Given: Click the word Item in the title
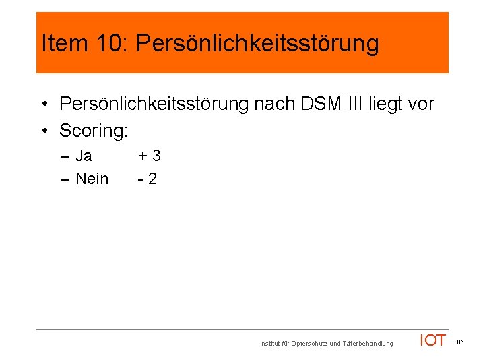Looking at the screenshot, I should click(x=63, y=44).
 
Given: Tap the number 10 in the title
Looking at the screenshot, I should click(x=108, y=44).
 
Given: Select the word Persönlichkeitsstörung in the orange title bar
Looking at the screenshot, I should click(x=257, y=44).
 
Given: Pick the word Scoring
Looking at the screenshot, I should click(x=93, y=130).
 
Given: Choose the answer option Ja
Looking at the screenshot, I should click(x=84, y=156).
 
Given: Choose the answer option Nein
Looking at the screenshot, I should click(x=92, y=179).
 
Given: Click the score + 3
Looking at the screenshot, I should click(x=149, y=156).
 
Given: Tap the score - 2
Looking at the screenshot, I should click(x=147, y=179).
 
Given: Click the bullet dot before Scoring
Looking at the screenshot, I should click(x=44, y=130).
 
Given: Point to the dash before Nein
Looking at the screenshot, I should click(x=64, y=179).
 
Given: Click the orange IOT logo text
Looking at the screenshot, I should click(x=432, y=341).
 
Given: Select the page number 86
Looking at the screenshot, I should click(x=461, y=342).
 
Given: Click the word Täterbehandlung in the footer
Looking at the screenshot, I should click(x=368, y=344).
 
